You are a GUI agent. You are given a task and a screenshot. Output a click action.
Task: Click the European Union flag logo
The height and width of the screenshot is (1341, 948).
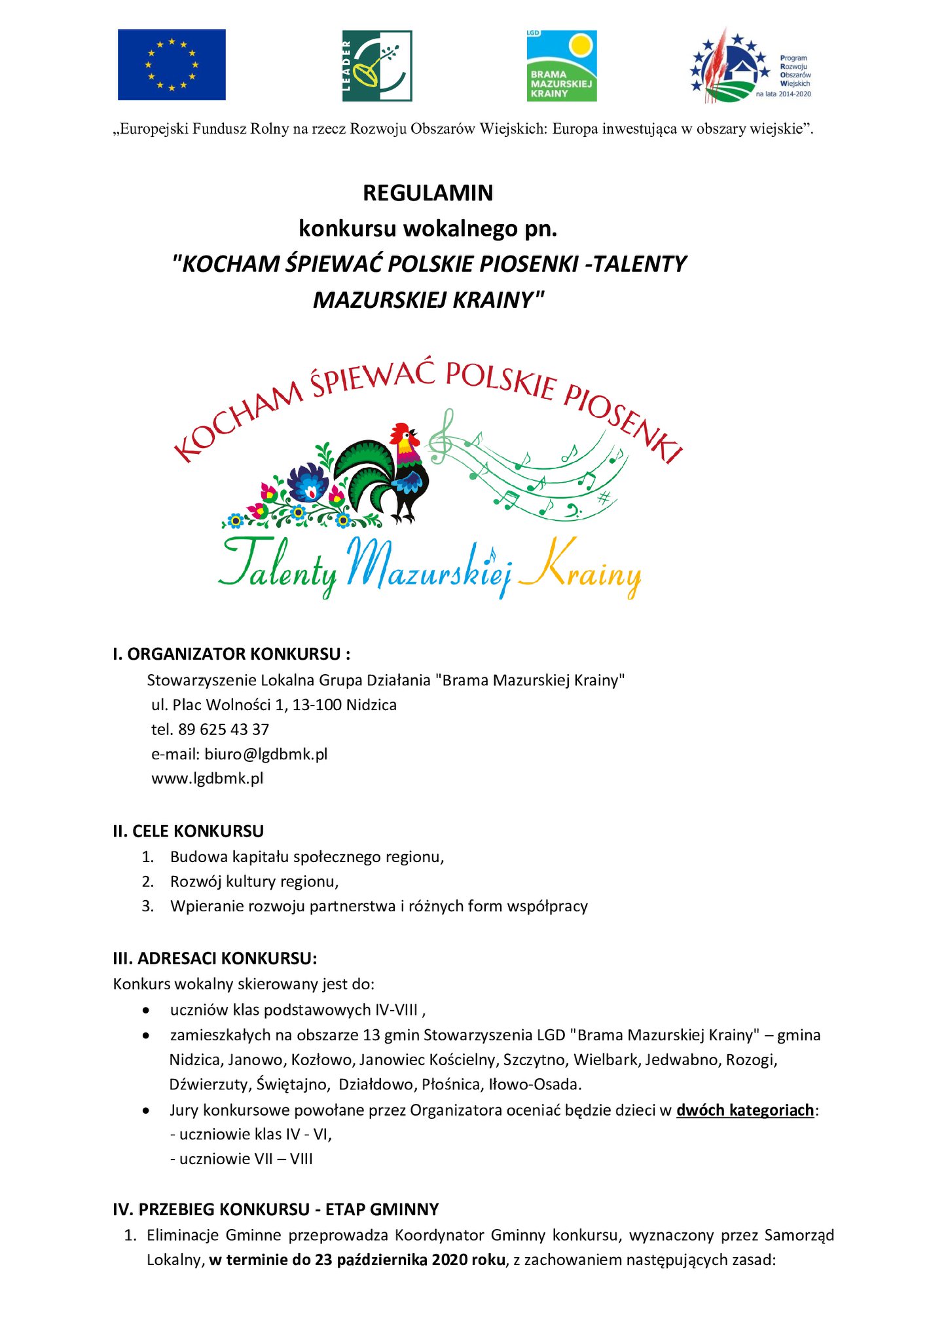(172, 64)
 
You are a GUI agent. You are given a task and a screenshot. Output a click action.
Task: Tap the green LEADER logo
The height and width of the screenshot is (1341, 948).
(377, 66)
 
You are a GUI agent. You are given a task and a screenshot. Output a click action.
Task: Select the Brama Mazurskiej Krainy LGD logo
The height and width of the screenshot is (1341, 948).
(562, 66)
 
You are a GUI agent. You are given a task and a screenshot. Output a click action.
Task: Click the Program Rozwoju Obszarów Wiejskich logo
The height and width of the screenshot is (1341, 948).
(750, 66)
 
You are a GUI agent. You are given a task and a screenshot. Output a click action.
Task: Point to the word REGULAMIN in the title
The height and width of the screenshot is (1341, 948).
(428, 193)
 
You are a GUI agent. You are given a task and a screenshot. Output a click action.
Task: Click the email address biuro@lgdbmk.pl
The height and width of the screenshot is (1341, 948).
(266, 754)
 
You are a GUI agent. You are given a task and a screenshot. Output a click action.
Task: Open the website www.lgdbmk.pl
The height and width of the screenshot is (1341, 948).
(208, 779)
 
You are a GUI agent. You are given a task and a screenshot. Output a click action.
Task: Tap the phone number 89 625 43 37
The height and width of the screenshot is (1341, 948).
(223, 730)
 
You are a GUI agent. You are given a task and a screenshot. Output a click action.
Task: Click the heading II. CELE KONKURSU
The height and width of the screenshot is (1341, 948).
(189, 831)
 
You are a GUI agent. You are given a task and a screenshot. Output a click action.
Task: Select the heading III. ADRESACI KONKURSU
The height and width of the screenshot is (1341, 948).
(215, 958)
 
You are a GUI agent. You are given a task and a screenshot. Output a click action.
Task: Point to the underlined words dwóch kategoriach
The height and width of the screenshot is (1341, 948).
(745, 1110)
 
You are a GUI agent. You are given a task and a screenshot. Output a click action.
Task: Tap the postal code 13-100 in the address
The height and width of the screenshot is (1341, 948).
(317, 705)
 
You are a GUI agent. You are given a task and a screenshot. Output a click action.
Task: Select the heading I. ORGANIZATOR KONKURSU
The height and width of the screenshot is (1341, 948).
(232, 654)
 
